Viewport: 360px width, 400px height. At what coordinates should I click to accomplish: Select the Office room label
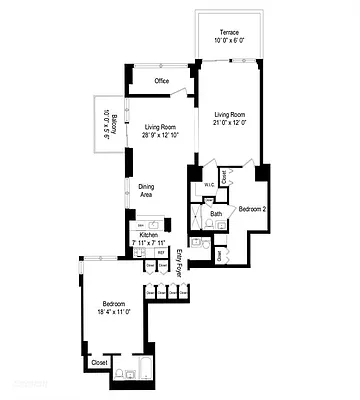point(160,81)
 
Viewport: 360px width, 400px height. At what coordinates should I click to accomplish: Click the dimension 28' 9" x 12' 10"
point(160,137)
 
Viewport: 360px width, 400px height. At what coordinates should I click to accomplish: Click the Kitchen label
point(149,235)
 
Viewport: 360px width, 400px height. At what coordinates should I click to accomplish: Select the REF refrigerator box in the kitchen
point(161,253)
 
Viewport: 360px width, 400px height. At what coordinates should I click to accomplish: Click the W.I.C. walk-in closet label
point(211,186)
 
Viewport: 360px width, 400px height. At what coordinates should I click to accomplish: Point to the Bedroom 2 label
point(251,209)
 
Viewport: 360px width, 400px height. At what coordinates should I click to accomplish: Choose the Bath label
point(216,213)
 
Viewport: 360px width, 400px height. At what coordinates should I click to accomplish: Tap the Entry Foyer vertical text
point(180,261)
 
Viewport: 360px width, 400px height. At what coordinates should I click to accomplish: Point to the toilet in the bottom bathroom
point(119,374)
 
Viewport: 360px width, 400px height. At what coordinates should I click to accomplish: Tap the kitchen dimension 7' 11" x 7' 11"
point(150,243)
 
